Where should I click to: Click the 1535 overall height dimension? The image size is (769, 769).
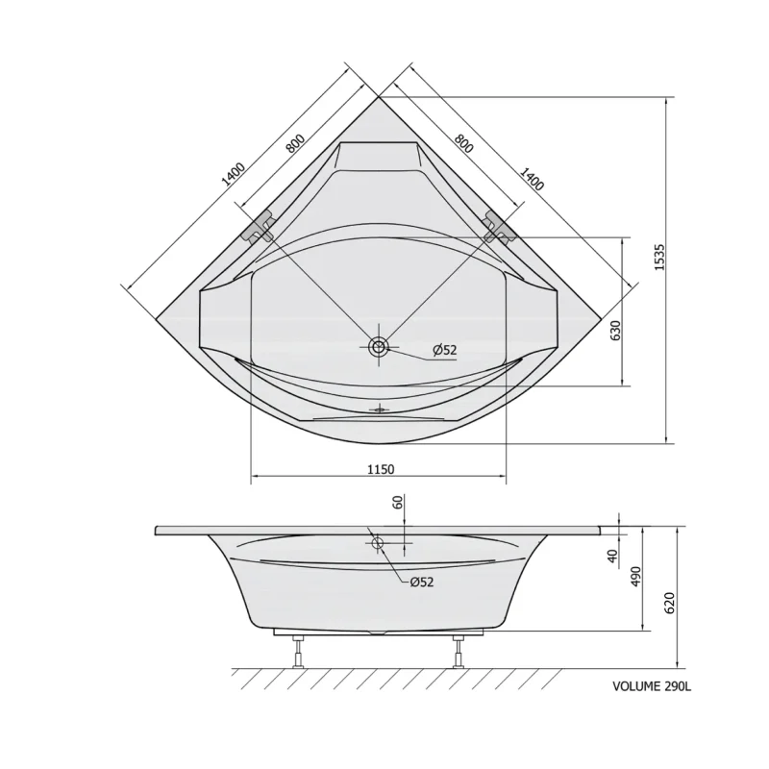(x=659, y=257)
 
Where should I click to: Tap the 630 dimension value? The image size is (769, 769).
(x=616, y=330)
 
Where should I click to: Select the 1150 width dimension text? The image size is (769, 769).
(x=381, y=469)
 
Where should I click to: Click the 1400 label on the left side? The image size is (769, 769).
(x=233, y=175)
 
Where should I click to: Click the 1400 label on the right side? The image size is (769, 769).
(x=532, y=179)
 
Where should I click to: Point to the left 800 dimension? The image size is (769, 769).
(x=296, y=143)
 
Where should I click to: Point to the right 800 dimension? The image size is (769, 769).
(x=463, y=142)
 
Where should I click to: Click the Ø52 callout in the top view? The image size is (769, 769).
(x=444, y=350)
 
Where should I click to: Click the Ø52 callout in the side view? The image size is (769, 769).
(x=422, y=582)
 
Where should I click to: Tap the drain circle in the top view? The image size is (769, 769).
(x=379, y=347)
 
